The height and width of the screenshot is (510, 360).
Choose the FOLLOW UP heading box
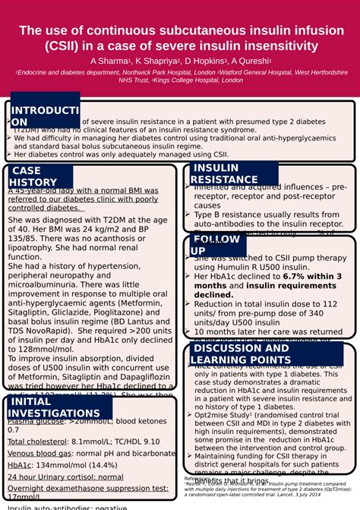coord(216,245)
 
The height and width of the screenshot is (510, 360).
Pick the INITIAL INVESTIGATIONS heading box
coord(58,407)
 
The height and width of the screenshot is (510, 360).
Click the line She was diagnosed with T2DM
coord(84,220)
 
